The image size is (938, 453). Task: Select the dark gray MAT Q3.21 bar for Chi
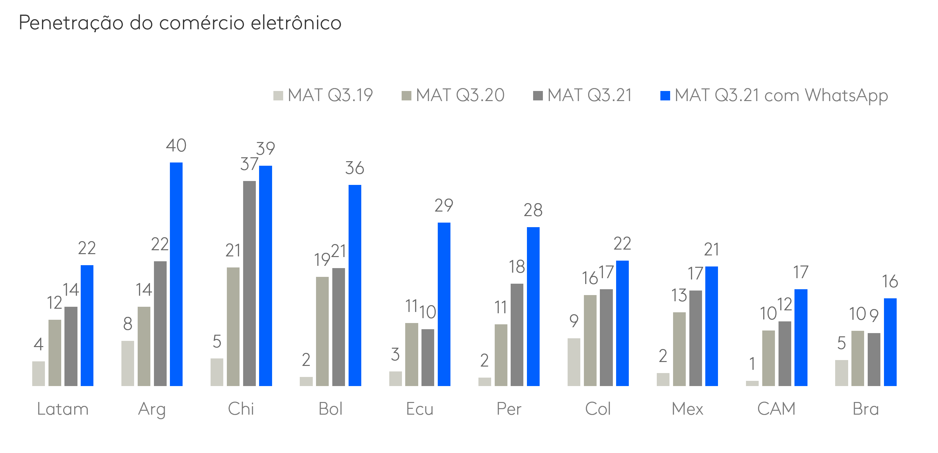click(x=249, y=283)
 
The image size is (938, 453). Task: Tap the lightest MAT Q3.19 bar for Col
click(x=574, y=362)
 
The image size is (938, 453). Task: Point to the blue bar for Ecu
click(x=444, y=304)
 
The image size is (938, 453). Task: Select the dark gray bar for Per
click(x=517, y=334)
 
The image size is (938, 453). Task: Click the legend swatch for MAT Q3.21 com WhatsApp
click(x=665, y=96)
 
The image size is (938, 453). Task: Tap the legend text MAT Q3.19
click(x=330, y=95)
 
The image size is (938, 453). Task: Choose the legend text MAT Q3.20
click(x=460, y=95)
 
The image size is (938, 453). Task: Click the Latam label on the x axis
click(x=62, y=409)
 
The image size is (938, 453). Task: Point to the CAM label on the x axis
click(x=776, y=409)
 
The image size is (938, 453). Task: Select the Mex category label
click(x=687, y=409)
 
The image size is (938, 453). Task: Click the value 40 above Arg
click(x=176, y=146)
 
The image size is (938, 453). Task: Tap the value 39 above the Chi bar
click(x=266, y=148)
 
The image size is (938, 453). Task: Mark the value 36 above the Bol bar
click(x=355, y=168)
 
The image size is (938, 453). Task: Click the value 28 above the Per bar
click(x=533, y=210)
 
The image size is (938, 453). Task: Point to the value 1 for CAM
click(x=752, y=364)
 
